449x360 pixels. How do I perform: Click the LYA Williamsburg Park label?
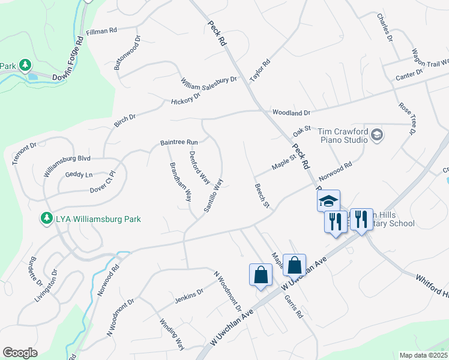tap(98, 219)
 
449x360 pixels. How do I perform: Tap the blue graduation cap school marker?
tap(328, 202)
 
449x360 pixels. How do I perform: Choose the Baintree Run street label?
tap(179, 142)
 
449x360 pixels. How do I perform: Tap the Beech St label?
tap(261, 196)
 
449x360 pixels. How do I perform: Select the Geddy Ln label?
tap(79, 175)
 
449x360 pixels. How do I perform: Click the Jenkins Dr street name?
tap(189, 293)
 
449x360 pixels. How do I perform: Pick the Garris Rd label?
tap(294, 305)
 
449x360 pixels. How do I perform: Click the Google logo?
tap(20, 352)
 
